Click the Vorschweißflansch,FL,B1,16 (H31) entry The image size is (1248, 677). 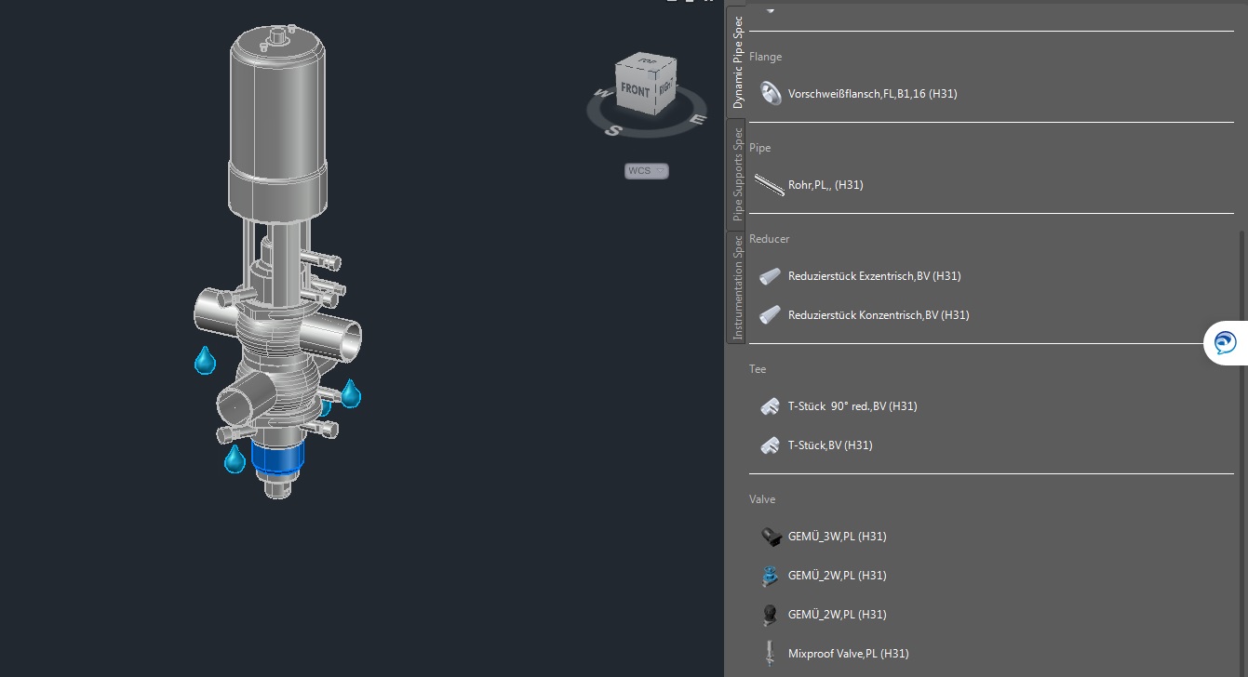pyautogui.click(x=871, y=94)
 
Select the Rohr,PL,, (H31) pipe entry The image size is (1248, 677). pyautogui.click(x=825, y=185)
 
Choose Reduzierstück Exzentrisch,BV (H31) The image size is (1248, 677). pyautogui.click(x=873, y=276)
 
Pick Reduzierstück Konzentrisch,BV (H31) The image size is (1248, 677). pyautogui.click(x=878, y=315)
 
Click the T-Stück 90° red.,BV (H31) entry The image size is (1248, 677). pyautogui.click(x=852, y=406)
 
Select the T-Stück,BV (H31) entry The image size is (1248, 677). pyautogui.click(x=829, y=445)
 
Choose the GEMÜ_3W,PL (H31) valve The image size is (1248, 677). pyautogui.click(x=836, y=537)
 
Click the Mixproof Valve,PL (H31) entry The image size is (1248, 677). pyautogui.click(x=847, y=654)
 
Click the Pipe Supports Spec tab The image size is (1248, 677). pyautogui.click(x=737, y=174)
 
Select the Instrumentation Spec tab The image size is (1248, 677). pyautogui.click(x=737, y=287)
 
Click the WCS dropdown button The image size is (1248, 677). pyautogui.click(x=647, y=171)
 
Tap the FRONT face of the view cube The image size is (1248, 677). pyautogui.click(x=635, y=91)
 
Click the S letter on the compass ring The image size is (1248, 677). pyautogui.click(x=612, y=130)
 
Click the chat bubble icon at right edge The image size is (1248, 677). pyautogui.click(x=1225, y=343)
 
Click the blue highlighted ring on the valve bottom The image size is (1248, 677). pyautogui.click(x=278, y=457)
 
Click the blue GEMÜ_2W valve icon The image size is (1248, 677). pyautogui.click(x=770, y=576)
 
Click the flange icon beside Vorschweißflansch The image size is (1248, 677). pyautogui.click(x=770, y=93)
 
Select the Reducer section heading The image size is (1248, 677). pyautogui.click(x=769, y=239)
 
